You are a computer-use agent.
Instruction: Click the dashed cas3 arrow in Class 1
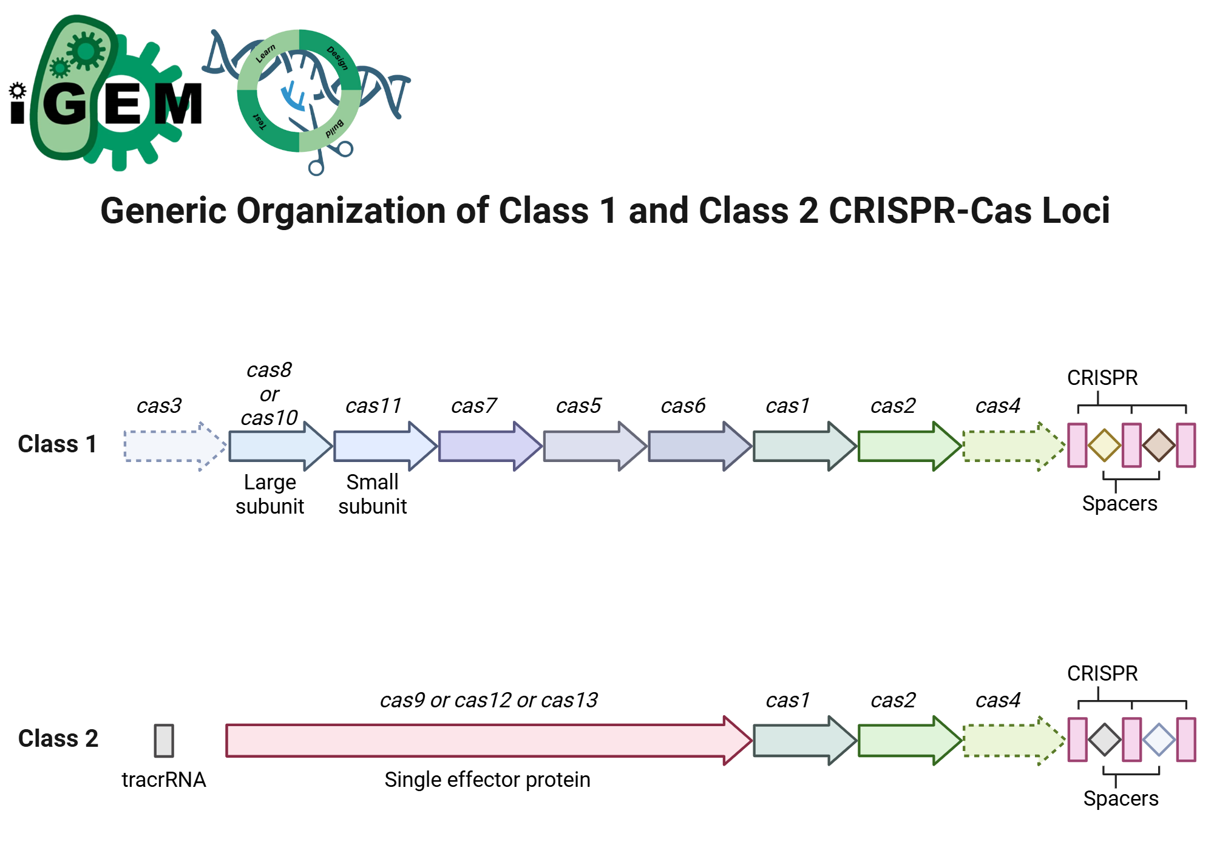pos(173,446)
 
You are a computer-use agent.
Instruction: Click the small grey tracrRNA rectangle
pos(164,740)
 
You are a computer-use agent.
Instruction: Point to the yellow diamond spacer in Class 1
pos(1104,445)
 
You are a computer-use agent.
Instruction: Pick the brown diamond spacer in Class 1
pos(1159,445)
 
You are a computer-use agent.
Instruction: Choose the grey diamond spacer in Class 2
pos(1104,739)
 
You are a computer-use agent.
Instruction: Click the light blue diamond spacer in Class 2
pos(1159,739)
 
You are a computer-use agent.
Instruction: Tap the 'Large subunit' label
pos(270,494)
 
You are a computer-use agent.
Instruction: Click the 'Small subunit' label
pos(372,494)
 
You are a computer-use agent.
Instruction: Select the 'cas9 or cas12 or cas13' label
pos(488,700)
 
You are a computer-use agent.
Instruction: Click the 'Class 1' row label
pos(57,444)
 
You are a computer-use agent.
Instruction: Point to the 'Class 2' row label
pos(58,738)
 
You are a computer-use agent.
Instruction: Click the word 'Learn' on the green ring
pos(265,53)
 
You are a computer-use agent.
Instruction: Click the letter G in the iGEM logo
pos(65,104)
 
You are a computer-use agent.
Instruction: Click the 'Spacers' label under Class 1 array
pos(1119,503)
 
